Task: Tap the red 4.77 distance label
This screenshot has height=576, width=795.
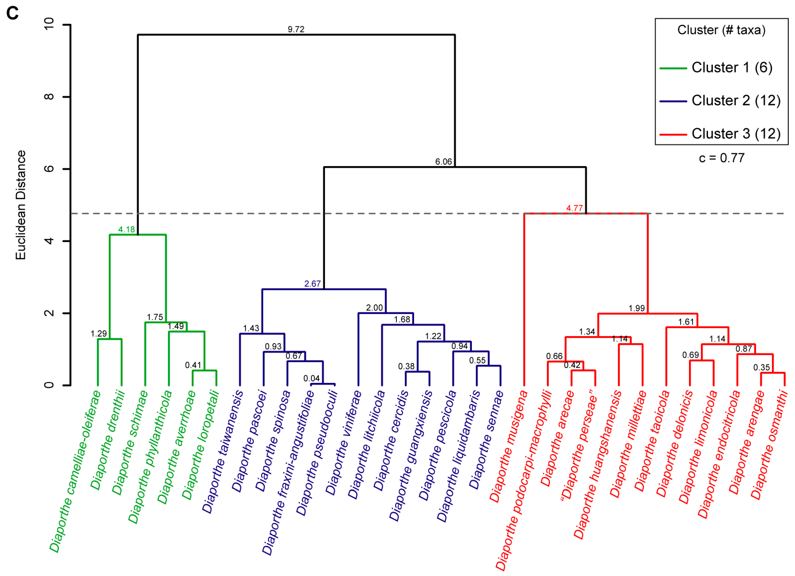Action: (x=574, y=208)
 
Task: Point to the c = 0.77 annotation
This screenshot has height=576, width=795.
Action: (x=721, y=158)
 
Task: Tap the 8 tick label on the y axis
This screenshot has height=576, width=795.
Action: (x=49, y=97)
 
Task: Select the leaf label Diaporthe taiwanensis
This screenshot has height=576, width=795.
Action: (x=223, y=452)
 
